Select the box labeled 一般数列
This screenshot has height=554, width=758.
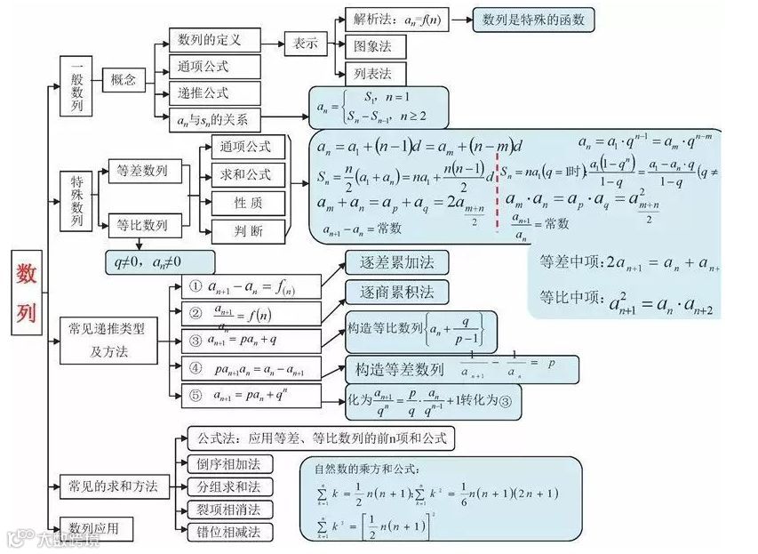(76, 85)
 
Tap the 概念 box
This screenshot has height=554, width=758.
(124, 80)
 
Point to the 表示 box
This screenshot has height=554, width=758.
(305, 43)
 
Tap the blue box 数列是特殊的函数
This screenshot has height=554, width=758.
(533, 20)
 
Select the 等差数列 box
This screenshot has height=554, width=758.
(142, 171)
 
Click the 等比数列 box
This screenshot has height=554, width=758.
(142, 226)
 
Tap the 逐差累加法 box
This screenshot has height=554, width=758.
(396, 262)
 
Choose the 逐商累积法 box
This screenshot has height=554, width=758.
(396, 293)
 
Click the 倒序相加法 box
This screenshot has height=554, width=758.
(228, 464)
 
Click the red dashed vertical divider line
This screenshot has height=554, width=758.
(497, 187)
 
